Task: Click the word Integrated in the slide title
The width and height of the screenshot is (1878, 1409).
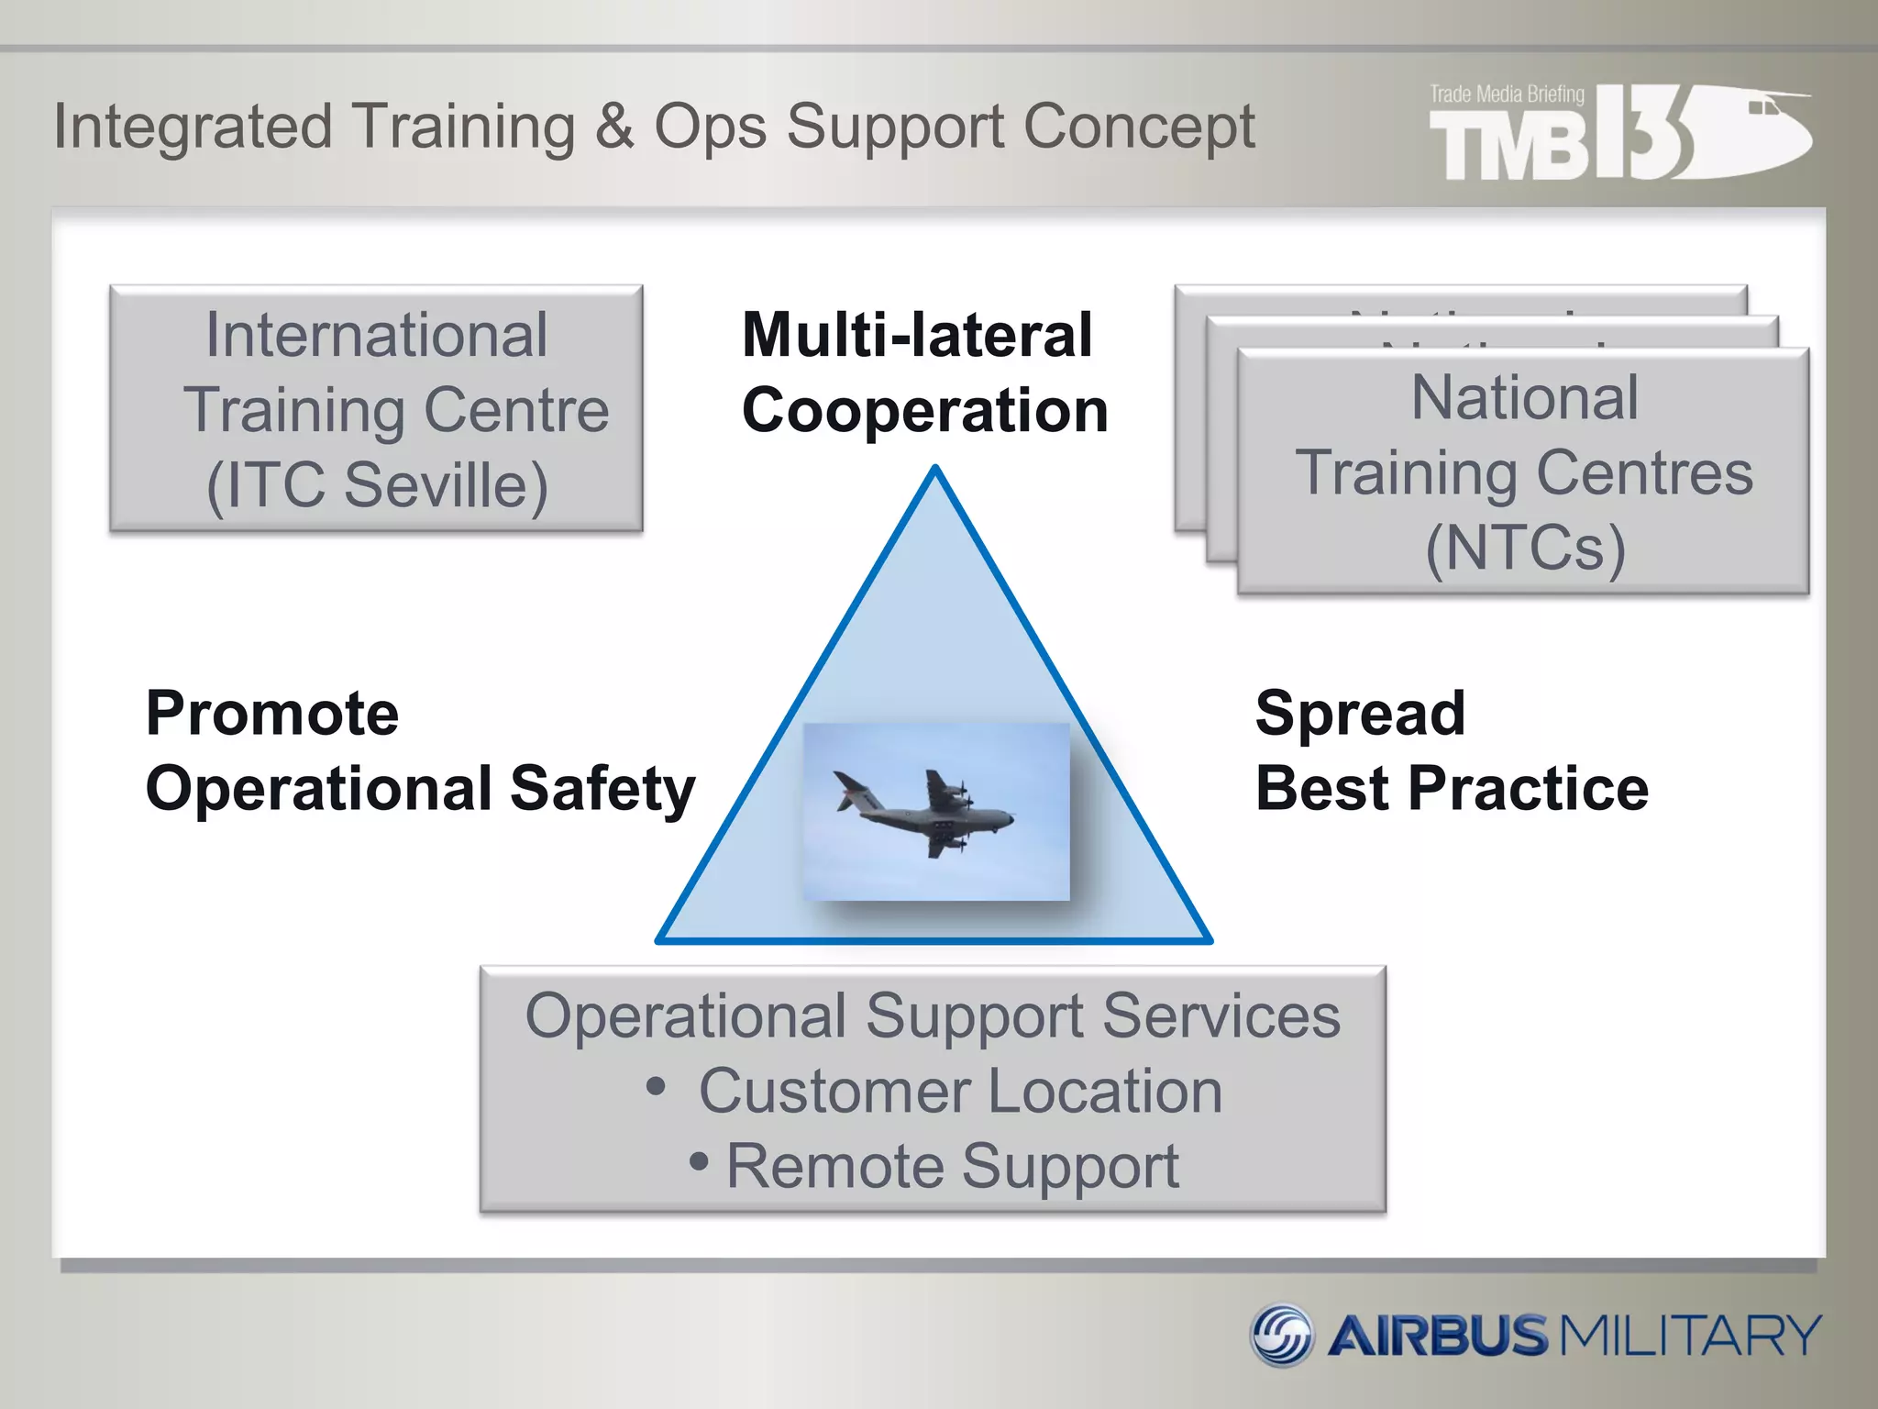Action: coord(193,127)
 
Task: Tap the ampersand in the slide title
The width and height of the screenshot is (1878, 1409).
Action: coord(613,127)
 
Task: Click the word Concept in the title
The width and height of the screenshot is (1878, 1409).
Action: coord(1139,127)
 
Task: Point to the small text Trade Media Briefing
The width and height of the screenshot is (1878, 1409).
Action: coord(1507,94)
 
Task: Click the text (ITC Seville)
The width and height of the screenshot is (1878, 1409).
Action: coord(377,484)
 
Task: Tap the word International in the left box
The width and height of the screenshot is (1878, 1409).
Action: coord(377,335)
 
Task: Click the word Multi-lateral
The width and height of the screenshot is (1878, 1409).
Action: coord(917,335)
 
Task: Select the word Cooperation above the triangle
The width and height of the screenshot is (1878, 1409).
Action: coord(924,410)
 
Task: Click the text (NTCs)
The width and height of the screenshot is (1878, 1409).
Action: coord(1525,548)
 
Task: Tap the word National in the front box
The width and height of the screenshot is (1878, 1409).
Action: coord(1524,398)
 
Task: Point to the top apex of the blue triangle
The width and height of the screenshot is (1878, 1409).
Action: coord(935,471)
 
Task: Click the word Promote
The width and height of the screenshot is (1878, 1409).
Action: coord(272,714)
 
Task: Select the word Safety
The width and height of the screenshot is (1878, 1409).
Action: coord(602,789)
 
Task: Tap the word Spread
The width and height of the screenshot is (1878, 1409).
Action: coord(1360,714)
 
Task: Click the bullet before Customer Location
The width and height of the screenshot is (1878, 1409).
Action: coord(656,1087)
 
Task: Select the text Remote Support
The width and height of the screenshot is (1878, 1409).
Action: coord(952,1167)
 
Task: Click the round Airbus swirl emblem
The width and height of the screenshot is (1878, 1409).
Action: coord(1282,1335)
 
